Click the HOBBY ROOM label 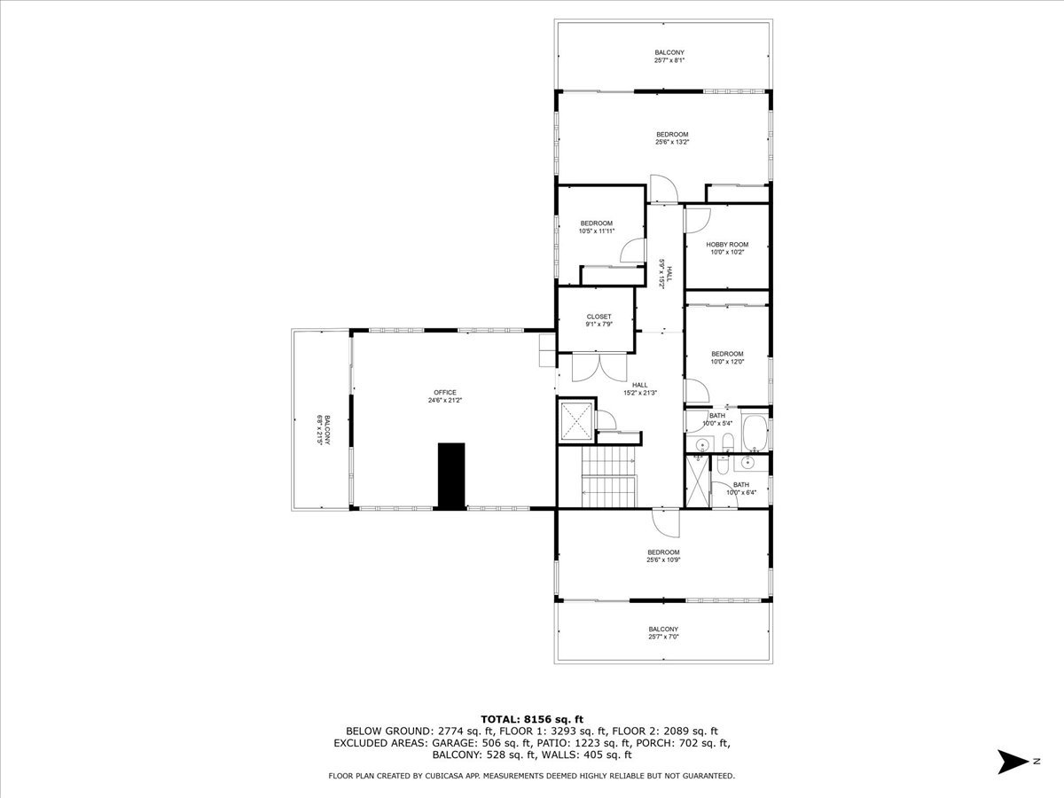pyautogui.click(x=727, y=245)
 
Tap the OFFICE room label pyautogui.click(x=445, y=393)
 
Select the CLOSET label pyautogui.click(x=598, y=317)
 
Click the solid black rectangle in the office pyautogui.click(x=451, y=476)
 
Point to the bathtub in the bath pyautogui.click(x=755, y=433)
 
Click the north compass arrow pyautogui.click(x=1011, y=761)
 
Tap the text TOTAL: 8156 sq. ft pyautogui.click(x=531, y=719)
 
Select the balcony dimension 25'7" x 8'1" pyautogui.click(x=669, y=61)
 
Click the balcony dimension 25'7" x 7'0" pyautogui.click(x=663, y=637)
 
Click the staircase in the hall pyautogui.click(x=608, y=475)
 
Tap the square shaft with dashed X pyautogui.click(x=575, y=420)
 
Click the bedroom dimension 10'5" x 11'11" pyautogui.click(x=596, y=231)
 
